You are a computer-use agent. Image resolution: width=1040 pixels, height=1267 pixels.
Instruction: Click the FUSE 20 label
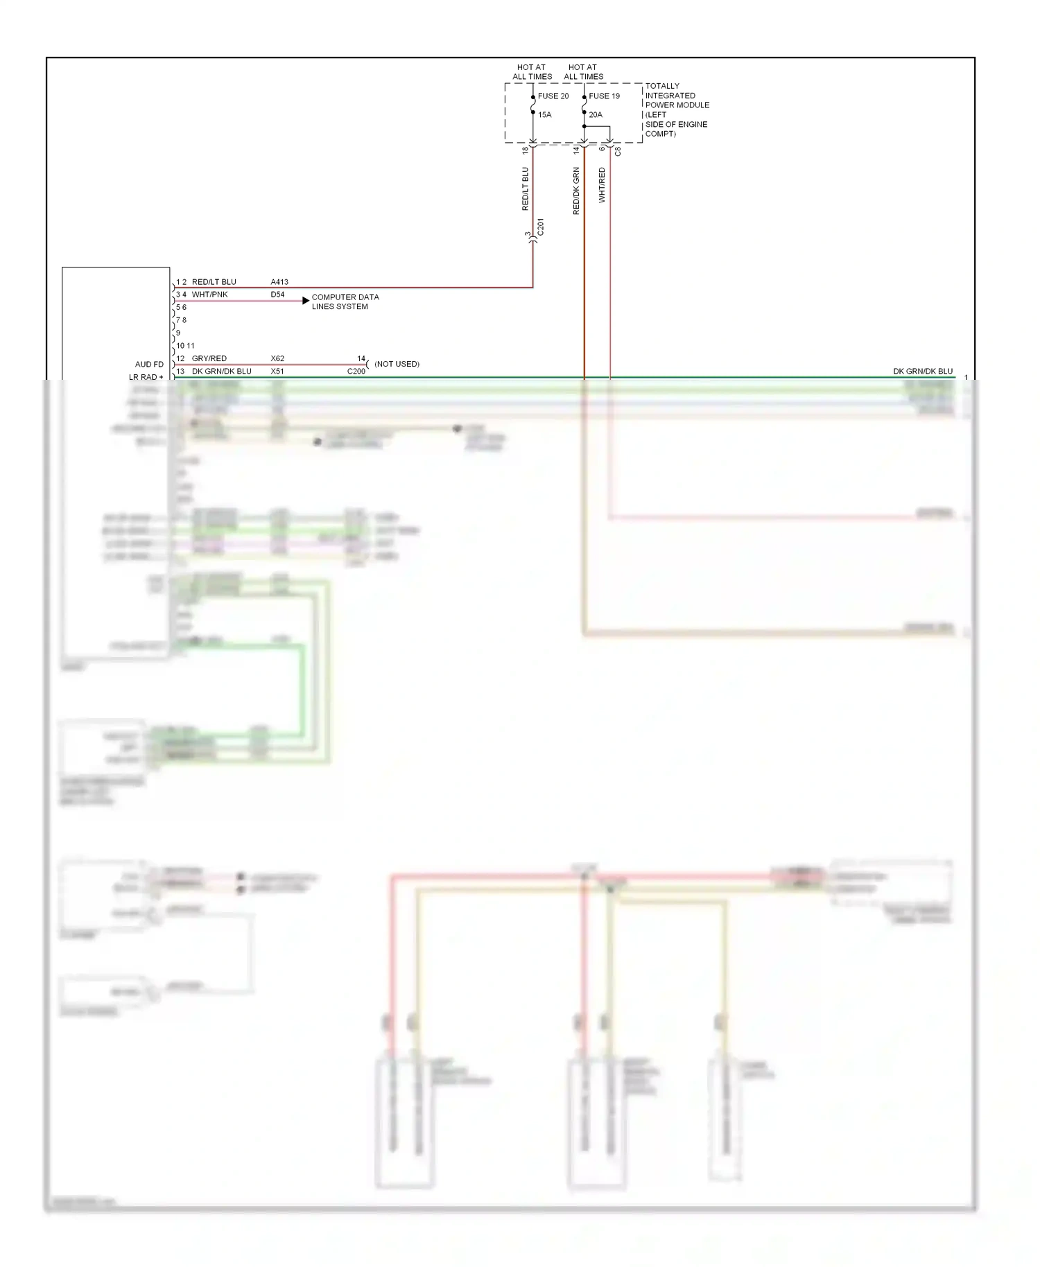click(x=553, y=96)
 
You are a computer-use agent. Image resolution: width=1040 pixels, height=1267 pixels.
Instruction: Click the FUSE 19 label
click(x=604, y=96)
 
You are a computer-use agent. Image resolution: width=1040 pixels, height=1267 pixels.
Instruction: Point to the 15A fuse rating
click(x=545, y=115)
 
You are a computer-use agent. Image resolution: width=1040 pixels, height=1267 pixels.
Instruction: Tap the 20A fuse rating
click(x=596, y=115)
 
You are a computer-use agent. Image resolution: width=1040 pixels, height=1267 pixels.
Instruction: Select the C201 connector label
click(x=541, y=227)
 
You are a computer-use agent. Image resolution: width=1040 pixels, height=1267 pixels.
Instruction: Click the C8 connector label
click(x=618, y=150)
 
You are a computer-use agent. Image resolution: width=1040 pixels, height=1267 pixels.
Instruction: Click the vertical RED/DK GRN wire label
click(x=576, y=191)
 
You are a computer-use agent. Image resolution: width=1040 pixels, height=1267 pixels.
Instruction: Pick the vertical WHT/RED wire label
click(x=602, y=185)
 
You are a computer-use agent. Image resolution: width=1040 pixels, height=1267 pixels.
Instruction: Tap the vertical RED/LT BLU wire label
click(x=525, y=189)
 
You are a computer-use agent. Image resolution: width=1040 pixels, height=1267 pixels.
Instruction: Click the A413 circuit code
click(x=279, y=282)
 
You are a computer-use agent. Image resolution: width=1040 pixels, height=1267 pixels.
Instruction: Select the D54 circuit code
click(x=277, y=295)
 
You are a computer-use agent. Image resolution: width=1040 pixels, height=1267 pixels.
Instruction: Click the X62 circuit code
click(x=277, y=359)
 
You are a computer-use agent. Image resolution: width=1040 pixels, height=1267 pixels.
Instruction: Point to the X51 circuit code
click(x=277, y=372)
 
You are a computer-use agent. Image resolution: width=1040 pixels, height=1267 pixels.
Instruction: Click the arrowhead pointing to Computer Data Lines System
click(x=306, y=301)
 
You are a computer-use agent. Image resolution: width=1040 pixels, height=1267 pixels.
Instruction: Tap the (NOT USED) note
click(x=397, y=364)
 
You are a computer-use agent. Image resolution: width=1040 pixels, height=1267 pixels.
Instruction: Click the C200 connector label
click(x=356, y=372)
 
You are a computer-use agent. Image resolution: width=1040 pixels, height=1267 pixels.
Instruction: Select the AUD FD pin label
click(x=149, y=365)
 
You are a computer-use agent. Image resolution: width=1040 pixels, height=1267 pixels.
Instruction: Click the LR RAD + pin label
click(x=146, y=377)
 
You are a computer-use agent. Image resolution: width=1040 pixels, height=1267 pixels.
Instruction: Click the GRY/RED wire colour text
click(x=209, y=359)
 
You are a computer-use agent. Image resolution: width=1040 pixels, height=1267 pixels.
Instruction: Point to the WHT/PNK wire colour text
click(x=209, y=295)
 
